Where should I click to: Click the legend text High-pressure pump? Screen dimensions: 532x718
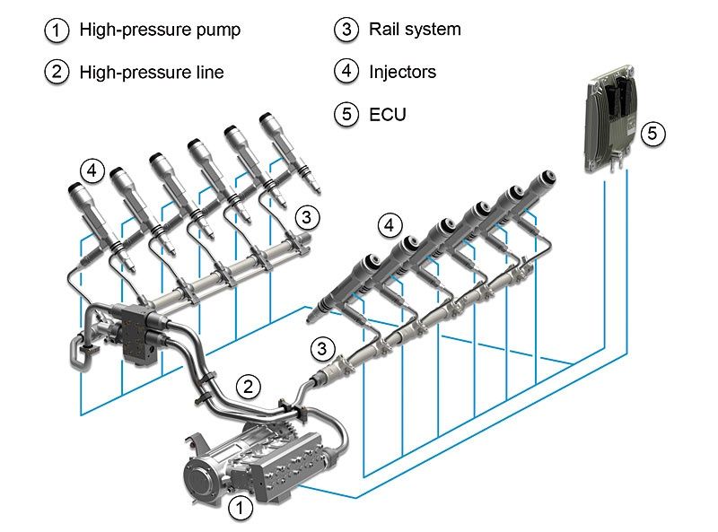pos(160,30)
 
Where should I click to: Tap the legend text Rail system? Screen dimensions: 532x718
pos(415,29)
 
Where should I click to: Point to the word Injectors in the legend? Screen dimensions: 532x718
pos(402,72)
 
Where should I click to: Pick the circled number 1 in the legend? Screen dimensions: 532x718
pos(56,30)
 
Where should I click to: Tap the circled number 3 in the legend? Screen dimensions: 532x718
pos(346,29)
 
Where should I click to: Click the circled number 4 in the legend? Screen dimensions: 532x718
pos(346,72)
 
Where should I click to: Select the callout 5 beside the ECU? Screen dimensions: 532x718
pos(652,134)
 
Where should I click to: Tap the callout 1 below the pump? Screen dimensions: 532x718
pos(239,509)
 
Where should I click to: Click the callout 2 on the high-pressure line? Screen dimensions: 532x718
pos(249,387)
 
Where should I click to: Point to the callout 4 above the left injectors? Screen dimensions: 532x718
pos(92,169)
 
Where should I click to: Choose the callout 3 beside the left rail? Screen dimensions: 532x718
pos(307,216)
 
